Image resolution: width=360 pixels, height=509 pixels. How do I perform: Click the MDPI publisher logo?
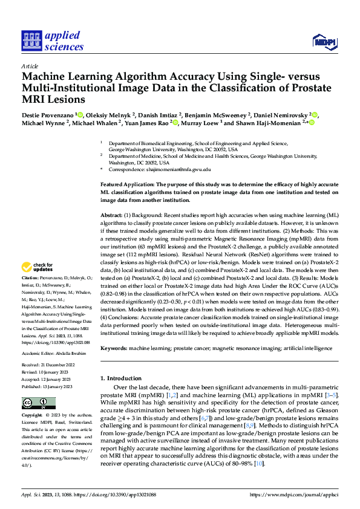324,42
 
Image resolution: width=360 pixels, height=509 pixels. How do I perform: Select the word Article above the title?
29,66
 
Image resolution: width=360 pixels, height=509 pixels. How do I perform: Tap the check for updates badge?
39,267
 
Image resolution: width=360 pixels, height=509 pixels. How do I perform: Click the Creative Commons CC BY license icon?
38,402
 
